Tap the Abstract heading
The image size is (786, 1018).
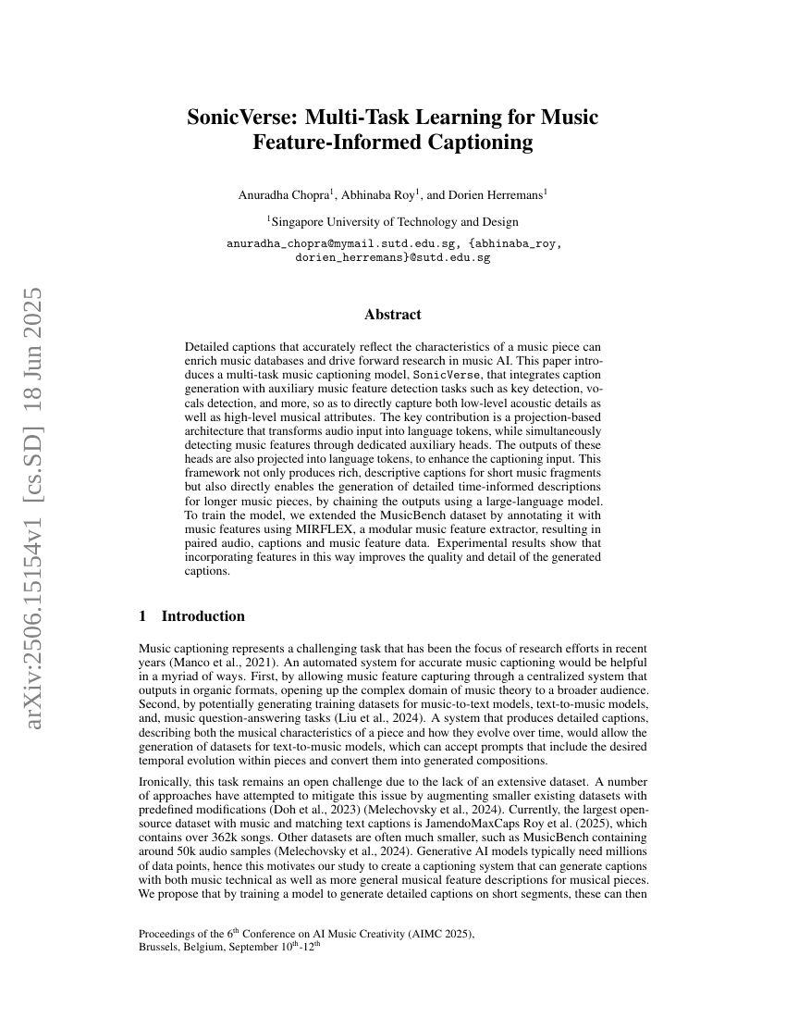(393, 315)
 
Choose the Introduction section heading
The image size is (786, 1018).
(203, 616)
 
